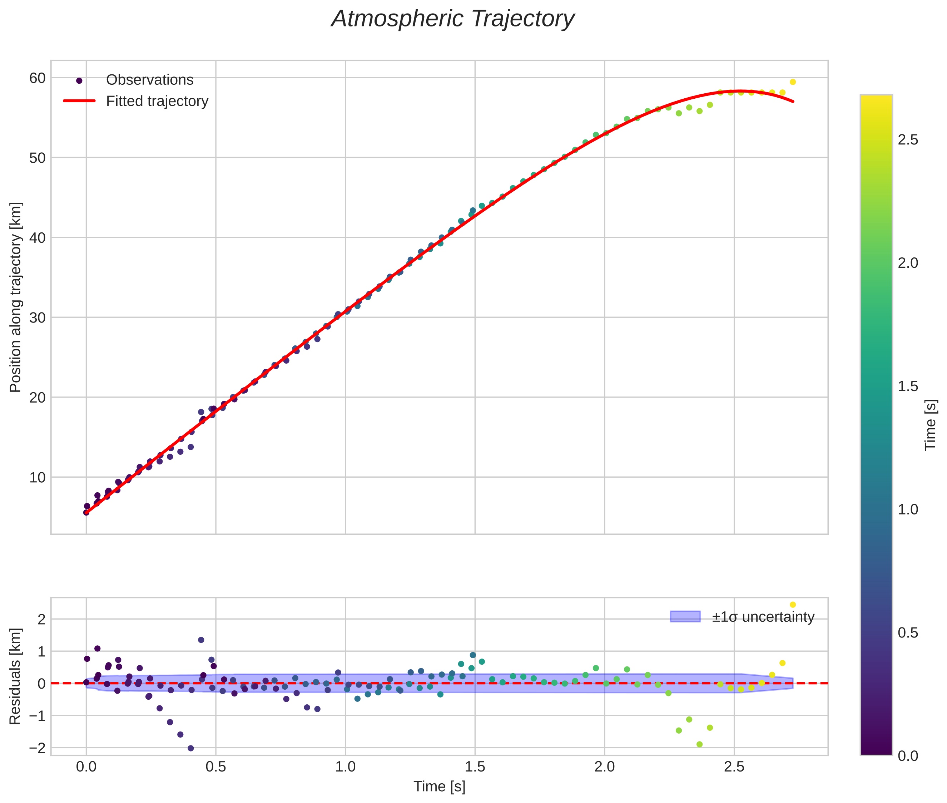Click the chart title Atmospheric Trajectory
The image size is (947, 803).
point(453,19)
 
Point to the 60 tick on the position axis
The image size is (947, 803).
point(37,78)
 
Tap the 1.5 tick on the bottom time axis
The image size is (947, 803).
point(475,767)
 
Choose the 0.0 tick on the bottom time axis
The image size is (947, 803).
point(86,767)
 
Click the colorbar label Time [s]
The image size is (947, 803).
point(931,425)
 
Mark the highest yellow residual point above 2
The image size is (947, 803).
point(793,605)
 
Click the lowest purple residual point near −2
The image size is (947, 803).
point(191,748)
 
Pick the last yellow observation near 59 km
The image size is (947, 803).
point(793,82)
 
